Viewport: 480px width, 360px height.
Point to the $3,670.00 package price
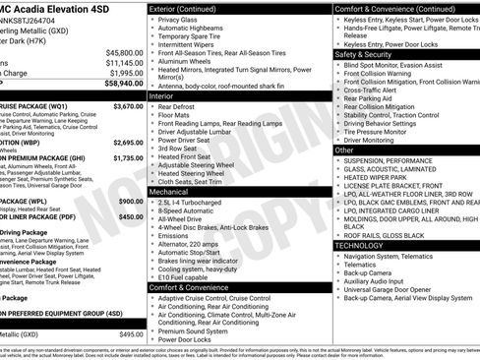point(127,105)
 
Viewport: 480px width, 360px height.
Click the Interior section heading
point(162,96)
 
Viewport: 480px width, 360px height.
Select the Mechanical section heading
point(170,192)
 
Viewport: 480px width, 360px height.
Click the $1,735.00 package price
point(128,157)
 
